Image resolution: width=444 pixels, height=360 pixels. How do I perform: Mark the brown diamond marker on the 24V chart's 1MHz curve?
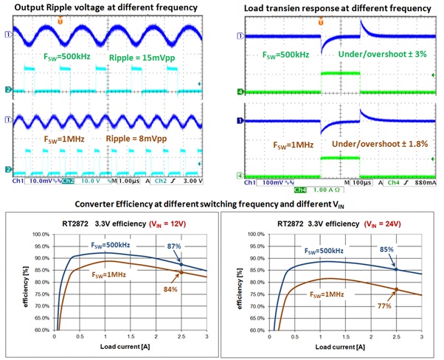coord(397,289)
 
